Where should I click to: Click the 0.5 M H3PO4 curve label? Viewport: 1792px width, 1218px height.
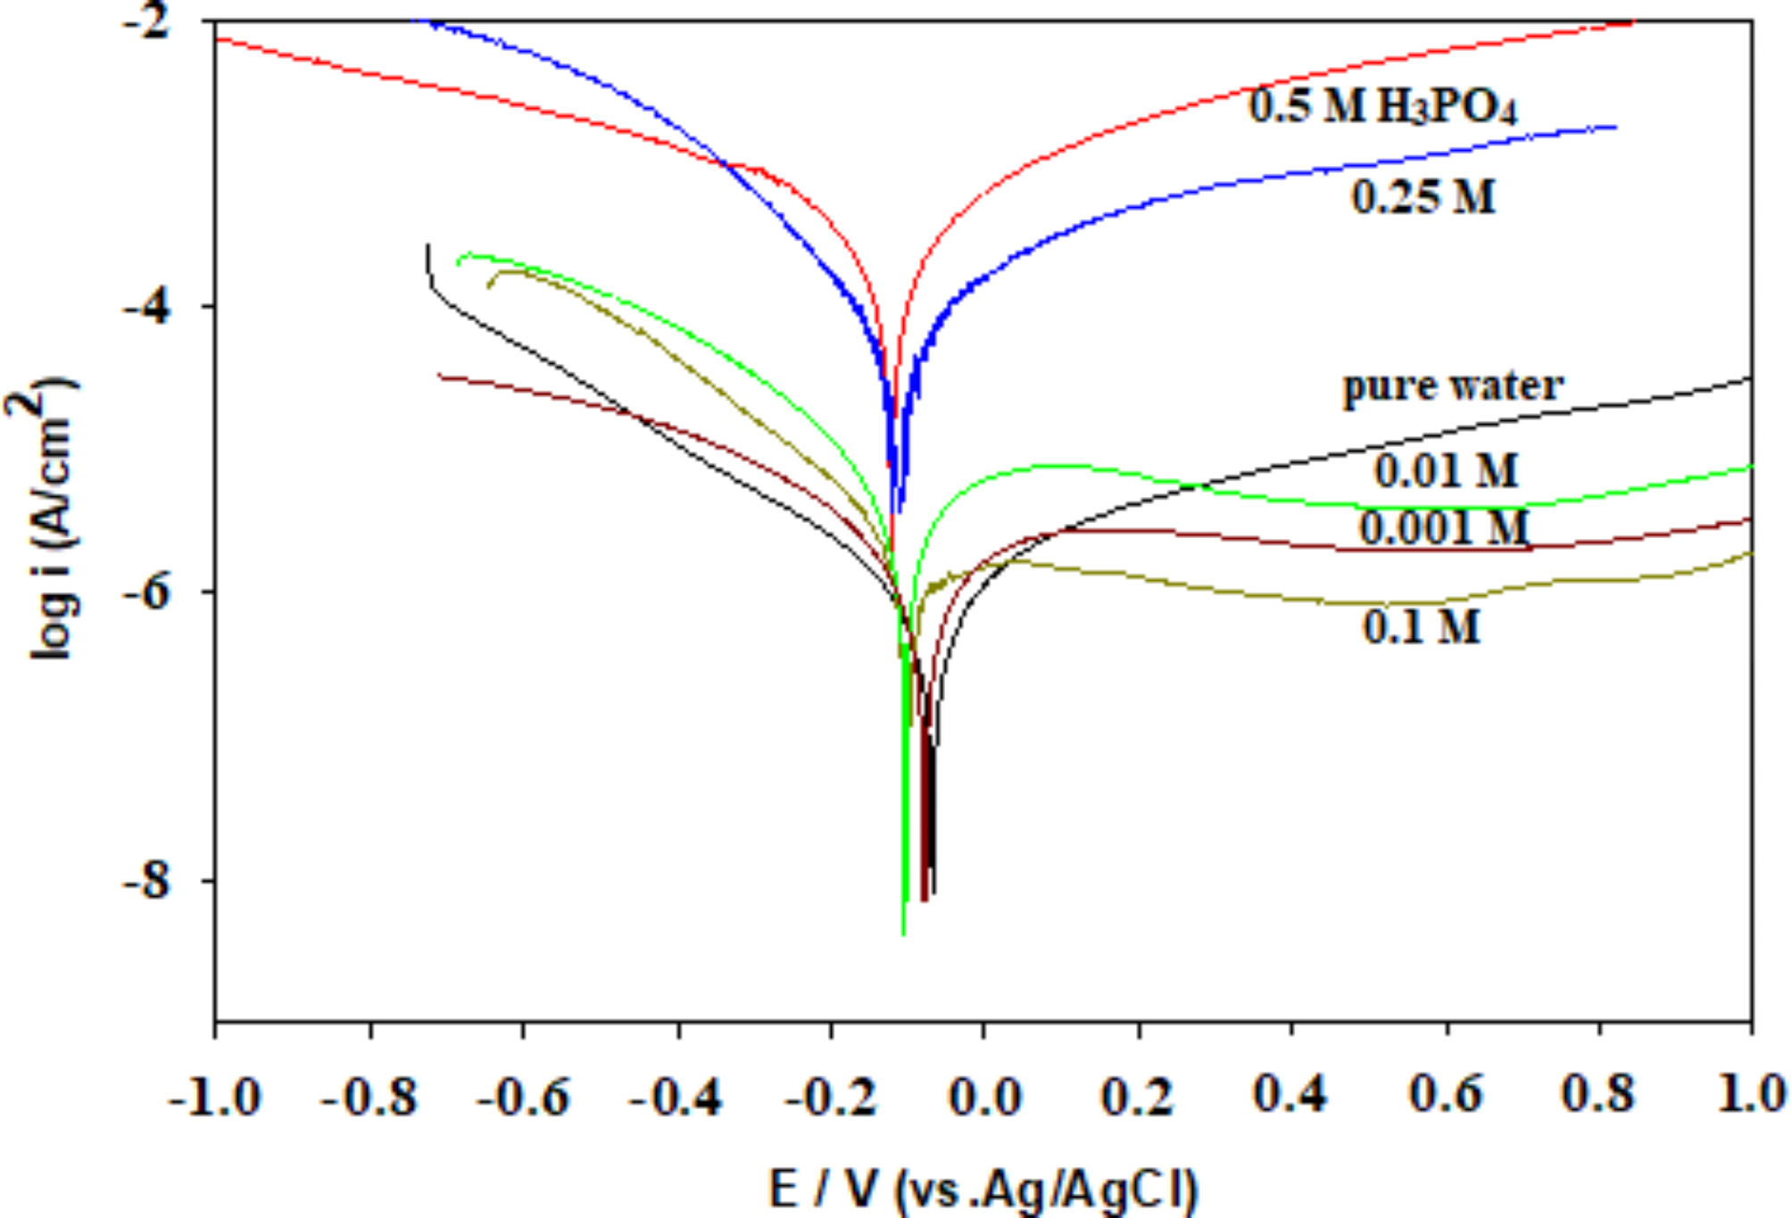(1381, 106)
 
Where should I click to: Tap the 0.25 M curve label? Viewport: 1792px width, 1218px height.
(1423, 196)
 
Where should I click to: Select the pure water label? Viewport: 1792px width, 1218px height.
(1452, 385)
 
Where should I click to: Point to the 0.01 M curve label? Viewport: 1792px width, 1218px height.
(1445, 470)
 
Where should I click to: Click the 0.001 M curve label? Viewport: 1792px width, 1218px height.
(1443, 527)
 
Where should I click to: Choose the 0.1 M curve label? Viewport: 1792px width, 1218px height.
(1421, 626)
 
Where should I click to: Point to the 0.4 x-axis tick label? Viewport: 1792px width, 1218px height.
(1290, 1095)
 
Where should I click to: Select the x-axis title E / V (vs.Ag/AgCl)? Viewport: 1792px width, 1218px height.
(982, 1189)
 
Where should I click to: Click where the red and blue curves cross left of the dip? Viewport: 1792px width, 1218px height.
(725, 163)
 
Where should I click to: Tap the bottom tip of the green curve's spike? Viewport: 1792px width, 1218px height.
(903, 933)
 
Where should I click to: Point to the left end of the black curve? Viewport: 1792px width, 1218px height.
(427, 245)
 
